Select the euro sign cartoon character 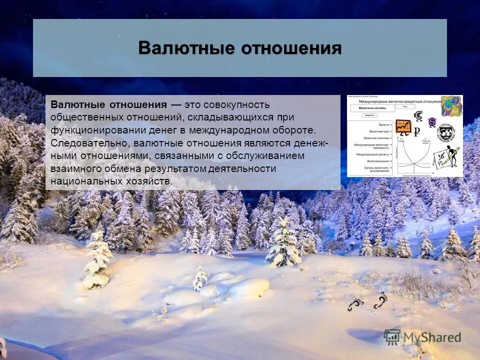click(418, 116)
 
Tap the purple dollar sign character click(432, 122)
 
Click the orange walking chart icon click(403, 126)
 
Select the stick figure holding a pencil click(448, 158)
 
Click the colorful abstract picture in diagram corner click(451, 105)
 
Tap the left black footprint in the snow click(355, 304)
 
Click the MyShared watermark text click(432, 337)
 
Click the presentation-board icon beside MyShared click(392, 336)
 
